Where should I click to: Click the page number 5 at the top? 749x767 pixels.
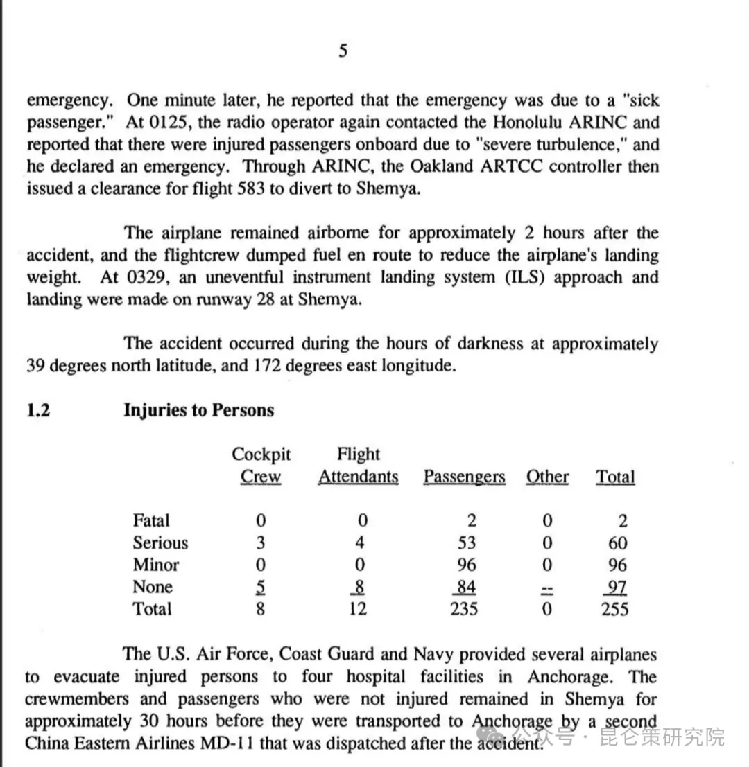pos(343,51)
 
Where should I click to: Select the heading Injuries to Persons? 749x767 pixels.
pos(198,410)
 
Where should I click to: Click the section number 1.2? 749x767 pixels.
pos(38,410)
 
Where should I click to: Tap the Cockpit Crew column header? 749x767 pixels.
pos(261,466)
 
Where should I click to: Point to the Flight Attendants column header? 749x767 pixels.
pos(358,466)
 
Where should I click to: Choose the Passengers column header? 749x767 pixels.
pos(464,477)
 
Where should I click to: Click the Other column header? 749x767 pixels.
pos(547,477)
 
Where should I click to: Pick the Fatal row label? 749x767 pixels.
pos(151,520)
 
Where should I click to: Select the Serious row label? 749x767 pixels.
pos(160,543)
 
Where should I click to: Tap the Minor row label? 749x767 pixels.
pos(156,565)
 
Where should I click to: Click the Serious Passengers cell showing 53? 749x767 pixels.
pos(466,543)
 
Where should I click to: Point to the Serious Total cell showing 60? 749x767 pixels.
pos(617,543)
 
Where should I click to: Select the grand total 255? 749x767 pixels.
pos(614,609)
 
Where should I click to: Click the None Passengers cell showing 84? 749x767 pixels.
pos(466,587)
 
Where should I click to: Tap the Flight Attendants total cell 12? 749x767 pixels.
pos(358,609)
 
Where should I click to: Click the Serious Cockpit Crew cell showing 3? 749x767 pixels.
pos(261,543)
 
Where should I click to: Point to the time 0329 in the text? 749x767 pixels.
pos(148,277)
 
